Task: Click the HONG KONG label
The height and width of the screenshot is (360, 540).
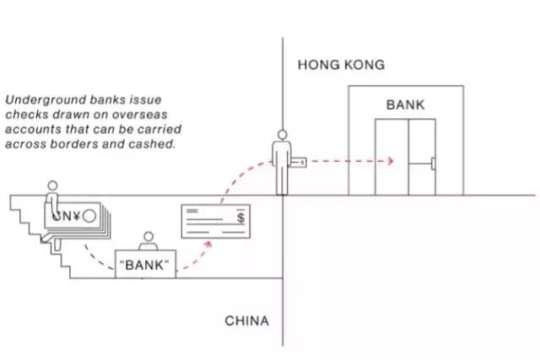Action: (x=340, y=65)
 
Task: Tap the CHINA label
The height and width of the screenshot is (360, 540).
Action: (x=246, y=321)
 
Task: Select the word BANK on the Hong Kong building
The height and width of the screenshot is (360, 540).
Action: (x=406, y=105)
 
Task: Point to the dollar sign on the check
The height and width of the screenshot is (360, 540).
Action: (x=242, y=218)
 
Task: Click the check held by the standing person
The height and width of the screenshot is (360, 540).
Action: (x=299, y=159)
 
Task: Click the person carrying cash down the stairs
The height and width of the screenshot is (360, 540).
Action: (x=54, y=202)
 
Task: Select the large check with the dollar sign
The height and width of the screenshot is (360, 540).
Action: (x=216, y=221)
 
